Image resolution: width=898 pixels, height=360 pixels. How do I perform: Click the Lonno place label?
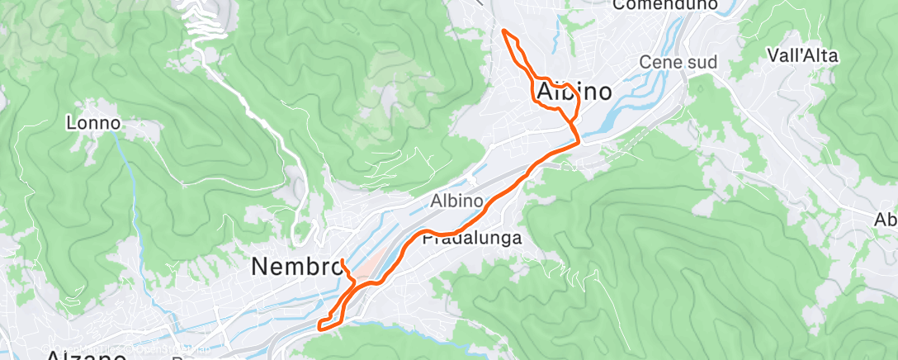coord(93,124)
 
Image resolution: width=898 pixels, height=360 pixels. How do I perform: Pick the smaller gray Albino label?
coord(456,201)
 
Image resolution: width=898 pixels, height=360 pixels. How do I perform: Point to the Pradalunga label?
coord(472,239)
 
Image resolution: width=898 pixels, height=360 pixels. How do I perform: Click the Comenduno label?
coord(665,6)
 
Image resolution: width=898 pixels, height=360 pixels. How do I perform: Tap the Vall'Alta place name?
coord(802,56)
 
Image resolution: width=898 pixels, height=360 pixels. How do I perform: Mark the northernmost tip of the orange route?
coord(504,31)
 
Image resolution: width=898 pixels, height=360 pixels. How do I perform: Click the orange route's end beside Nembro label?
coord(342,261)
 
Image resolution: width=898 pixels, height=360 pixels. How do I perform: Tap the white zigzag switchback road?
coord(199,25)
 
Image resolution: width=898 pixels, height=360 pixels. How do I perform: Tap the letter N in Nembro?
coord(259,267)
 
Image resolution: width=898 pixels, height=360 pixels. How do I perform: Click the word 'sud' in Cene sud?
coord(702,63)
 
